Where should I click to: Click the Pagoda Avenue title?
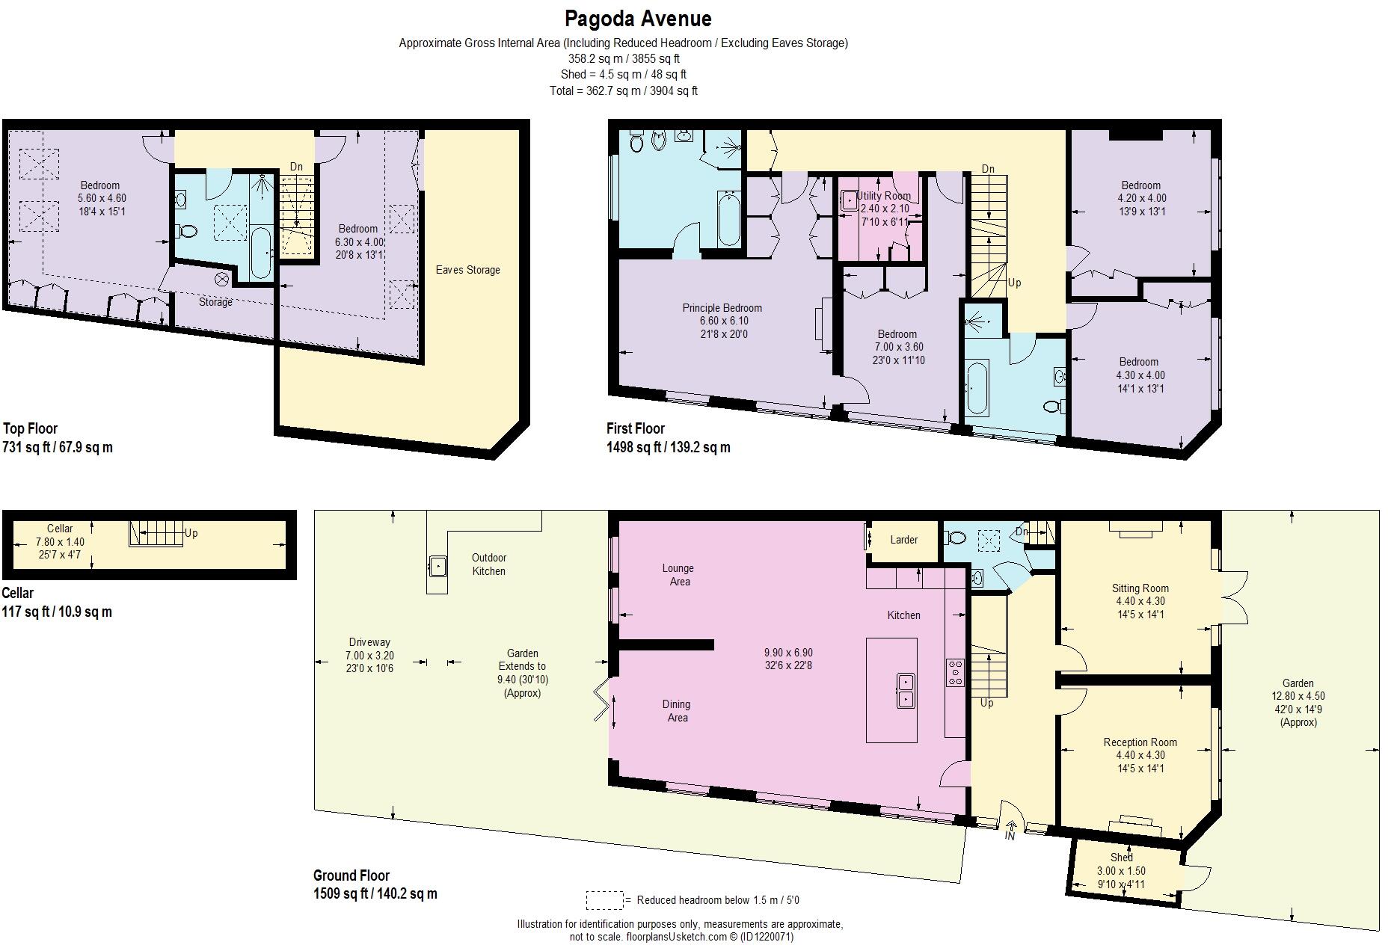click(637, 18)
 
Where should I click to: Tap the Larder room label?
click(903, 540)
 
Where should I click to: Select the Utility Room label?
click(884, 196)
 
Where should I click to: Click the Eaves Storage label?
click(467, 270)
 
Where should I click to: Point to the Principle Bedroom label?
click(722, 308)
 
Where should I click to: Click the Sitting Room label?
click(1140, 588)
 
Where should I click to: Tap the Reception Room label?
click(1140, 742)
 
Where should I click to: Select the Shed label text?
click(1121, 858)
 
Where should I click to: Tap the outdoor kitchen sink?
click(436, 566)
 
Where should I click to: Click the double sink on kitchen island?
click(905, 690)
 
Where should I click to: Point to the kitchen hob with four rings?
click(955, 671)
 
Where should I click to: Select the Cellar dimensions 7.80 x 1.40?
click(60, 542)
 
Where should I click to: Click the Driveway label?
click(369, 642)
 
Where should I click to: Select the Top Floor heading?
click(31, 428)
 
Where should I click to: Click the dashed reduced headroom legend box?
click(604, 899)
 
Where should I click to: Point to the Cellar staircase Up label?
click(191, 534)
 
